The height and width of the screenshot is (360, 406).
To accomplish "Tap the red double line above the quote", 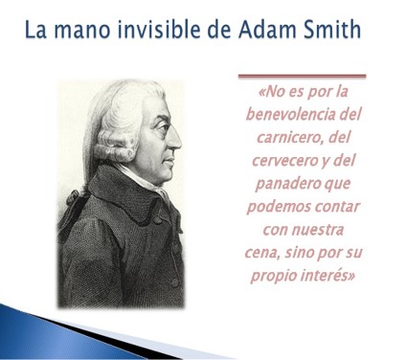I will tap(302, 75).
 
